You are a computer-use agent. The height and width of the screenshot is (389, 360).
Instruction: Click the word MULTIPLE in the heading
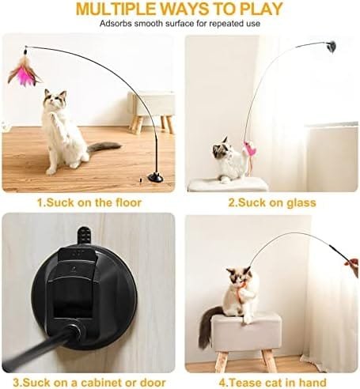coord(116,9)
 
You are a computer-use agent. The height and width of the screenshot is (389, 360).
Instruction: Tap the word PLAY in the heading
coord(261,9)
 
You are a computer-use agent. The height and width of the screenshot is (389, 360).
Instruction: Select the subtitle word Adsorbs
coord(116,24)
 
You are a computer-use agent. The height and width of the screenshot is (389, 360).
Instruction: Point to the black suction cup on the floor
coord(156,177)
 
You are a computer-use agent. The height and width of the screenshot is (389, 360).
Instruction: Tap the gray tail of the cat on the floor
coord(104,146)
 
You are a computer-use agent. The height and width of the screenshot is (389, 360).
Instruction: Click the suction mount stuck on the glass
coord(331,47)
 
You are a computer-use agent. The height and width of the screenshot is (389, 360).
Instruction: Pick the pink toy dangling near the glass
coord(249,149)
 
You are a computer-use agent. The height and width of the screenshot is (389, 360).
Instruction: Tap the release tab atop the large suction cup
coord(84,236)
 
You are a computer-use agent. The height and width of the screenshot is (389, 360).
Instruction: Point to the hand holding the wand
coord(354,267)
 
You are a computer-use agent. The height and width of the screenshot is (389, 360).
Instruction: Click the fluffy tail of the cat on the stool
coord(208,327)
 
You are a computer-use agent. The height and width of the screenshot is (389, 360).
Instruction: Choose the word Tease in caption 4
coord(244,383)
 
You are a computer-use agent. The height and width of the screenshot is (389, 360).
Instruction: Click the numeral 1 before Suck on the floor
coord(40,202)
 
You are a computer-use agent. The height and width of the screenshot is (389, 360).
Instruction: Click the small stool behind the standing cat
coord(151,111)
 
